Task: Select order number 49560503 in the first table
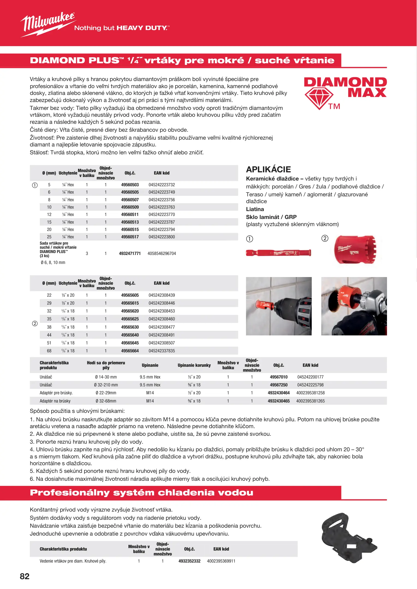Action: (x=130, y=185)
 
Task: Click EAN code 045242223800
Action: (x=161, y=237)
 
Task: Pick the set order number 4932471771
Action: (x=130, y=254)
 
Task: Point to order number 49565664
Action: (x=130, y=351)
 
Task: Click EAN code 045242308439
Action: (x=161, y=295)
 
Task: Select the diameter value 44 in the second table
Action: (x=49, y=335)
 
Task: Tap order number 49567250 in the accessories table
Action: (x=278, y=385)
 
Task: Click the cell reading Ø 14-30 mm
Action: (x=106, y=377)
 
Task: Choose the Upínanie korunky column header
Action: (x=194, y=365)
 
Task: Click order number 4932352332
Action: (x=189, y=561)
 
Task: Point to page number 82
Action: (x=25, y=576)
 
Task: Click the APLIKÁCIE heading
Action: (x=268, y=170)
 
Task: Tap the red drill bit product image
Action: (x=278, y=253)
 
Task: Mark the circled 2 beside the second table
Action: (x=35, y=324)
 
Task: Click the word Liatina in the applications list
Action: (x=255, y=209)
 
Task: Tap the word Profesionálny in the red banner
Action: (x=70, y=493)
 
